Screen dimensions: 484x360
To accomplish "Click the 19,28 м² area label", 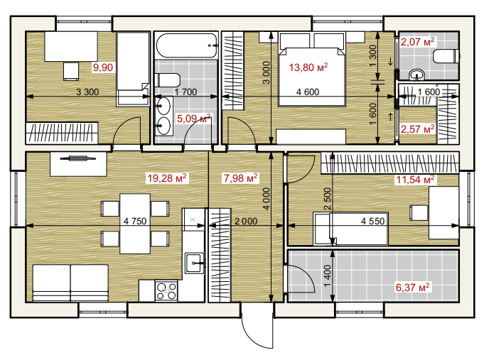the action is point(167,178).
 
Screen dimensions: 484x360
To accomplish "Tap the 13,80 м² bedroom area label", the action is point(308,67).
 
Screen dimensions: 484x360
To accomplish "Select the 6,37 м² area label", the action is point(412,287).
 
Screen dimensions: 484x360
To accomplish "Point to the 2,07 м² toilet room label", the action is point(417,41).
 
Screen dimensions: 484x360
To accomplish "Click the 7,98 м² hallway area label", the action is point(240,178).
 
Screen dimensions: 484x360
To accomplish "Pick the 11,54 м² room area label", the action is point(415,179).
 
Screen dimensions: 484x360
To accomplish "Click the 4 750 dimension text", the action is point(135,221).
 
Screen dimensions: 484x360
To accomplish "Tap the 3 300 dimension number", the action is point(87,92).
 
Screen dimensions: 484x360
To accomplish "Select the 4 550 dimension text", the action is point(372,221).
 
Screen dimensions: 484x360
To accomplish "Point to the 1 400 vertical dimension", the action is point(327,276).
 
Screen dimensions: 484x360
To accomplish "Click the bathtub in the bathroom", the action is point(187,45).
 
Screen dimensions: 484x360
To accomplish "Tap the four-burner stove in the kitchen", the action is point(166,291).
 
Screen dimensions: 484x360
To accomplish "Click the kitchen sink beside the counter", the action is point(195,263).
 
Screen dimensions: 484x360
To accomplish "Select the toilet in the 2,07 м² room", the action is point(446,57).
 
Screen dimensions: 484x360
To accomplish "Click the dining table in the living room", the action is point(135,224).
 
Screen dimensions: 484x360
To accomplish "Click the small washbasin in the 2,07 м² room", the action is point(417,75).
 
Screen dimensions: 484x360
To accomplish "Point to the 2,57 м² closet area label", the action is point(417,129).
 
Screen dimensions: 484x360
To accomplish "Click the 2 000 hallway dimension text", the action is point(246,221).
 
